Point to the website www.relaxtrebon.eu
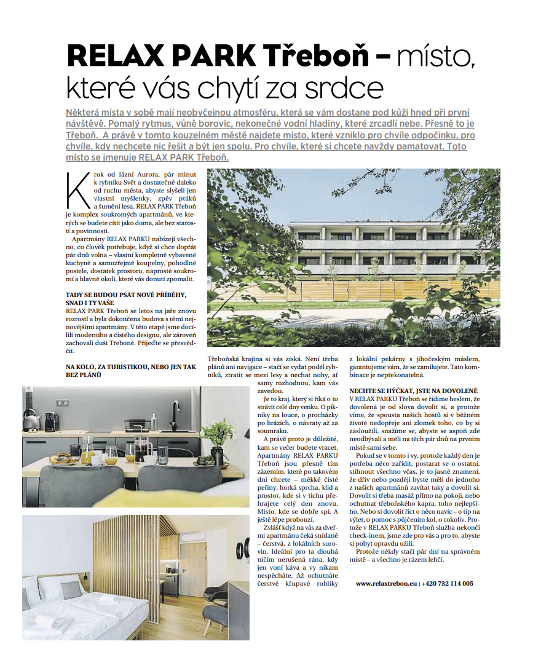pyautogui.click(x=385, y=583)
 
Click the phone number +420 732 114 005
pyautogui.click(x=447, y=583)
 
